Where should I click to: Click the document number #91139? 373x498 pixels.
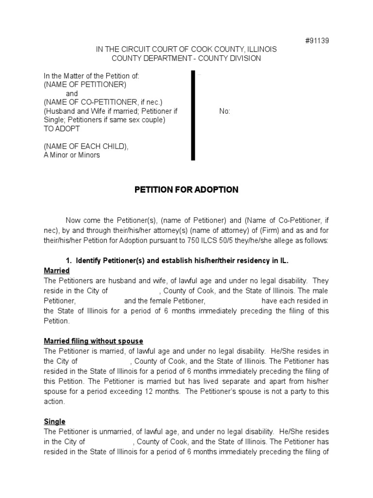pyautogui.click(x=317, y=41)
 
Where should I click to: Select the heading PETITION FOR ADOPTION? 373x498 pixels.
pyautogui.click(x=186, y=190)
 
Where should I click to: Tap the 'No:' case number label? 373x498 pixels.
pyautogui.click(x=225, y=111)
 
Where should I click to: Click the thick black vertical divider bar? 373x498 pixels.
pyautogui.click(x=193, y=115)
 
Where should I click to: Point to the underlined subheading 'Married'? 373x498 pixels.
pyautogui.click(x=57, y=270)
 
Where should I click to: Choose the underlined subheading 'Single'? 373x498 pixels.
pyautogui.click(x=54, y=422)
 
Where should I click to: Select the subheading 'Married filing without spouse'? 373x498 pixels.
pyautogui.click(x=93, y=341)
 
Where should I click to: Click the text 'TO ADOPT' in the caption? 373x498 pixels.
pyautogui.click(x=62, y=129)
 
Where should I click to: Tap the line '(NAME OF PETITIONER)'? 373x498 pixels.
pyautogui.click(x=85, y=85)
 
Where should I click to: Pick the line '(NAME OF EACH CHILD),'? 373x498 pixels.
pyautogui.click(x=86, y=146)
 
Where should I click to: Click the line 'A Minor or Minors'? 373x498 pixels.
pyautogui.click(x=72, y=155)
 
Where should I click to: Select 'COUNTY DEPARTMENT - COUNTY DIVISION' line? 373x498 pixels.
pyautogui.click(x=186, y=58)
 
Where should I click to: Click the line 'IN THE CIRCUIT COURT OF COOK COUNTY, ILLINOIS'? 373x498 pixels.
pyautogui.click(x=186, y=50)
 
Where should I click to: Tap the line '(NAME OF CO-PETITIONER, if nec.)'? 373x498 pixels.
pyautogui.click(x=103, y=102)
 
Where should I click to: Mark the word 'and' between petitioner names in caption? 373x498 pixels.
pyautogui.click(x=72, y=93)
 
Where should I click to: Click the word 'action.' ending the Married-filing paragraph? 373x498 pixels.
pyautogui.click(x=54, y=402)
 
